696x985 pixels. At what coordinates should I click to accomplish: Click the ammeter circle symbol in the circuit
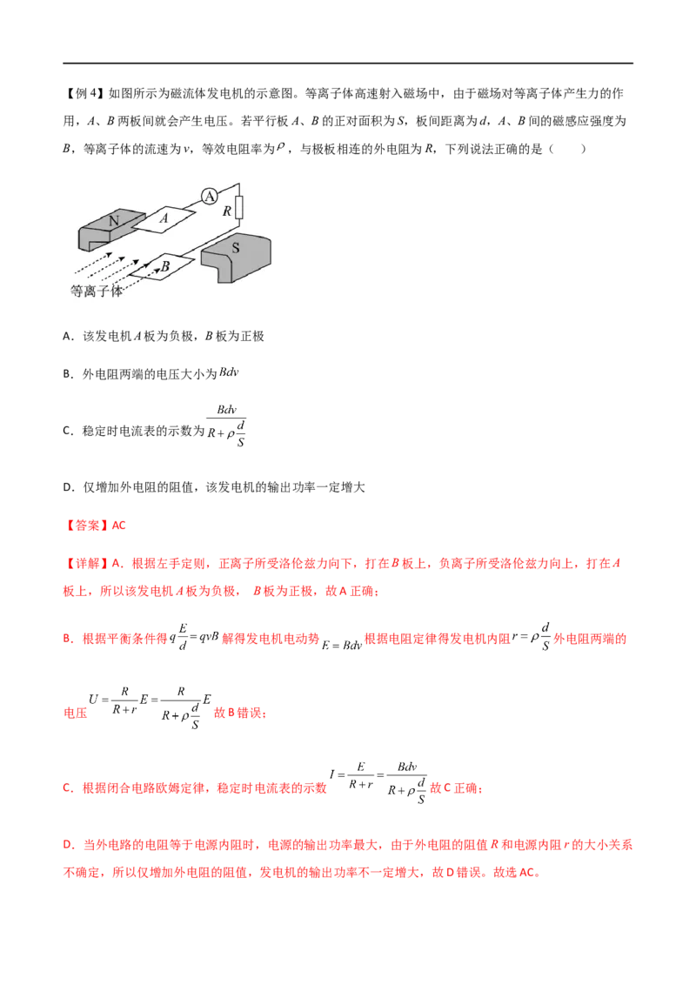(209, 197)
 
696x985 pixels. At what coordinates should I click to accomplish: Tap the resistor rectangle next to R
(238, 207)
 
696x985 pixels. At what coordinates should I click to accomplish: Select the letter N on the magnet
(114, 220)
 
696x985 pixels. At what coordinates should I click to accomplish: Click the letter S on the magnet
(236, 248)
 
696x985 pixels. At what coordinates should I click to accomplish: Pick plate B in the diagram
(162, 266)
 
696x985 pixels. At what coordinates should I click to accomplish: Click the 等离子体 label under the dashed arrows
(96, 291)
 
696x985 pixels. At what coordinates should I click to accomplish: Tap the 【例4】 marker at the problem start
(84, 94)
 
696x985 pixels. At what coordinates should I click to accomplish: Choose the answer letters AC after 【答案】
(118, 526)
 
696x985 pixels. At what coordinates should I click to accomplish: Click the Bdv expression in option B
(229, 372)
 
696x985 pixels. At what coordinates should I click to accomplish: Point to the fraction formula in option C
(226, 425)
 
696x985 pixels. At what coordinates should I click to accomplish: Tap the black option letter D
(68, 487)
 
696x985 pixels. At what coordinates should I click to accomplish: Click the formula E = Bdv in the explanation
(342, 645)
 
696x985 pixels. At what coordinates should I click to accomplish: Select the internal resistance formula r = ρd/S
(531, 636)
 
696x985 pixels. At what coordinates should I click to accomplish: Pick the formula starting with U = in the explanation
(150, 707)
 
